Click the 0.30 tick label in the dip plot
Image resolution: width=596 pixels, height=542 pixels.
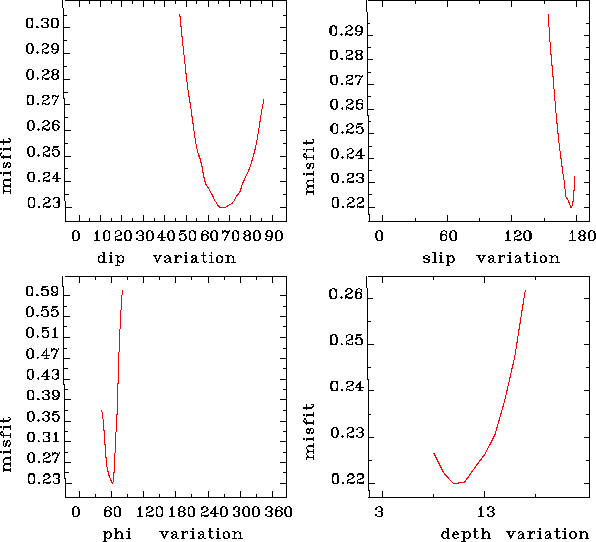42,24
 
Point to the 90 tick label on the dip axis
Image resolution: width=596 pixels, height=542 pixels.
274,236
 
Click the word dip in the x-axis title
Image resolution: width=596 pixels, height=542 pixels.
111,258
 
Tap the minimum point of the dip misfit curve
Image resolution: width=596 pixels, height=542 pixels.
222,207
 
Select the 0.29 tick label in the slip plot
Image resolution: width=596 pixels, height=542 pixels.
346,31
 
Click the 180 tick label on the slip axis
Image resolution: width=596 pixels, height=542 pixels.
584,236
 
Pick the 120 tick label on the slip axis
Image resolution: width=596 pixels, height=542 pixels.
518,236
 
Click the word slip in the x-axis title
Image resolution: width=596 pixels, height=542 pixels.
439,258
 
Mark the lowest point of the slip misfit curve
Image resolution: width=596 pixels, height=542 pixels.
571,207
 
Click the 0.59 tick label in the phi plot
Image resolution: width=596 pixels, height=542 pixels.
42,292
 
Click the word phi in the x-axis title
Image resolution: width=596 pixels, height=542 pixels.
117,534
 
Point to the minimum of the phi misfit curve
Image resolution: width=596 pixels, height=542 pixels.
112,483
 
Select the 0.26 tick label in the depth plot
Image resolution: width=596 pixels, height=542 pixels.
346,294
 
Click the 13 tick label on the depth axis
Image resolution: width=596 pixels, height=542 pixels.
486,512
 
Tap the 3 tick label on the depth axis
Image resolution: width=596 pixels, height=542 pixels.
379,512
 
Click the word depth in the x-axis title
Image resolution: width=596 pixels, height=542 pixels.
466,534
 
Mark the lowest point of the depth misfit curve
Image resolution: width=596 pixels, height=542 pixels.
454,483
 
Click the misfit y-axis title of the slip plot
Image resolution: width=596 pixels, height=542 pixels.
310,166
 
